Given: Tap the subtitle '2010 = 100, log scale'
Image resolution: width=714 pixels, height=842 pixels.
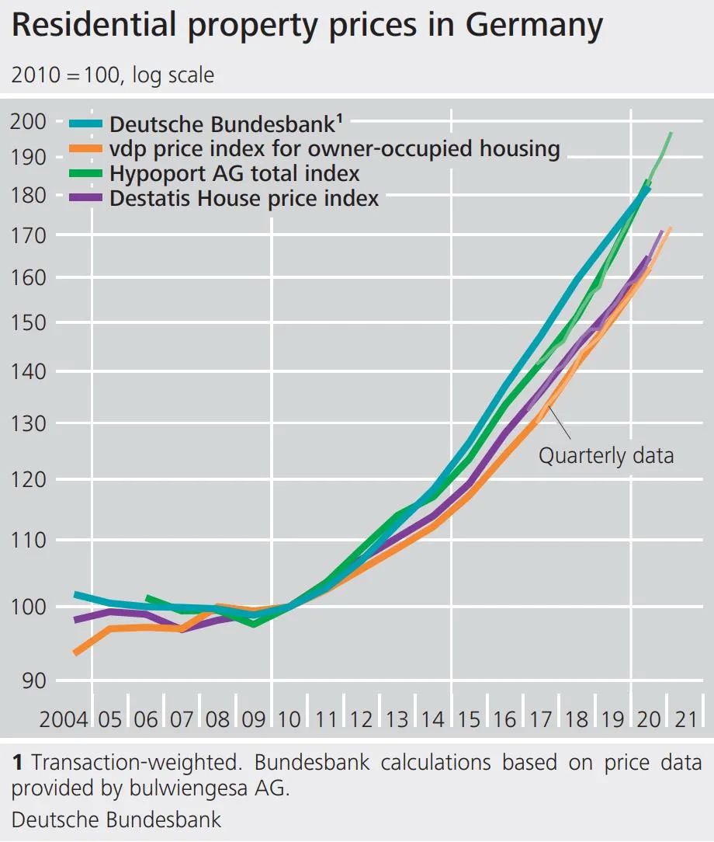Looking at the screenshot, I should point(113,75).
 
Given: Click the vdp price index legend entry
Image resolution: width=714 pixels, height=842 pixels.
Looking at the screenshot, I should point(334,148).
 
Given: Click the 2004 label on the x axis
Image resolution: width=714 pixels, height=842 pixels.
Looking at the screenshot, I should point(64,719).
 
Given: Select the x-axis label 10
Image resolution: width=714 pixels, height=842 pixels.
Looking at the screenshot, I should point(289,719).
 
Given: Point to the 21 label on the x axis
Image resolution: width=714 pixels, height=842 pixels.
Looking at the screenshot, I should point(685,719).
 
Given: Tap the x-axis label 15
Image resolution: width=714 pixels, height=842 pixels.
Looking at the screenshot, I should point(468,719).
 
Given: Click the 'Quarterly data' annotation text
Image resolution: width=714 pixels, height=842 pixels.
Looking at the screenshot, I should point(606,455).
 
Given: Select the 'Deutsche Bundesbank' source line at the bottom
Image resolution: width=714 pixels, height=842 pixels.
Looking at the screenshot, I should point(116,820).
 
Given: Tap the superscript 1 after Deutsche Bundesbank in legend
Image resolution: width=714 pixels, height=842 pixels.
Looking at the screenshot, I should point(340,119).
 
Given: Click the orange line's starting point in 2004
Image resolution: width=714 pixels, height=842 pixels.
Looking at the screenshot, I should point(76,652).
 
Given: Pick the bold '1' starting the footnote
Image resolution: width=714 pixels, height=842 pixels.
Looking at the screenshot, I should point(17,763).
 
